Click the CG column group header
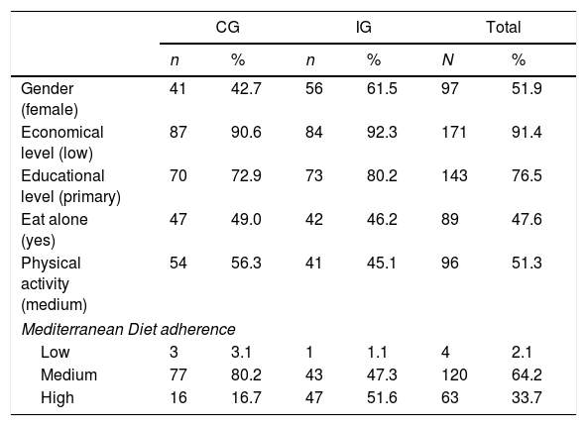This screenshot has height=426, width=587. [228, 28]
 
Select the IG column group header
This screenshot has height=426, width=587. [364, 28]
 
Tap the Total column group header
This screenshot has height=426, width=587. [503, 28]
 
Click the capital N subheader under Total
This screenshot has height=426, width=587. [448, 59]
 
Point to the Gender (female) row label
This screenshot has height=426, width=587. [50, 99]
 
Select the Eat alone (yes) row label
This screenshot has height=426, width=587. [55, 230]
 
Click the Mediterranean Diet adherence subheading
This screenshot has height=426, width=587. [129, 330]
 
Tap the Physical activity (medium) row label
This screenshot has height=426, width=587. [54, 284]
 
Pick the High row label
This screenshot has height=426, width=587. [57, 397]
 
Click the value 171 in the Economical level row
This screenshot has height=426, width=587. [454, 133]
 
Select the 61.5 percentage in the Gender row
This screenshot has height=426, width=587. [382, 88]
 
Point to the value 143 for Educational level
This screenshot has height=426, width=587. [454, 175]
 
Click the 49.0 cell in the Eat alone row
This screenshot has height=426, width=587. [246, 220]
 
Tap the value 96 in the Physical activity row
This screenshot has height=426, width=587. [450, 263]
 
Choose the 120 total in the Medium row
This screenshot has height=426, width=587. [454, 374]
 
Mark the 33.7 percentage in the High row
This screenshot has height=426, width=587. [527, 397]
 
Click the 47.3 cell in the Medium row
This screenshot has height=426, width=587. [382, 374]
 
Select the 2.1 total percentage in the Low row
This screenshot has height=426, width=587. [522, 353]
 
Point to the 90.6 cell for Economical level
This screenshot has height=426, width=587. [246, 133]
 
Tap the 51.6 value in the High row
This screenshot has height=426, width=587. [382, 397]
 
